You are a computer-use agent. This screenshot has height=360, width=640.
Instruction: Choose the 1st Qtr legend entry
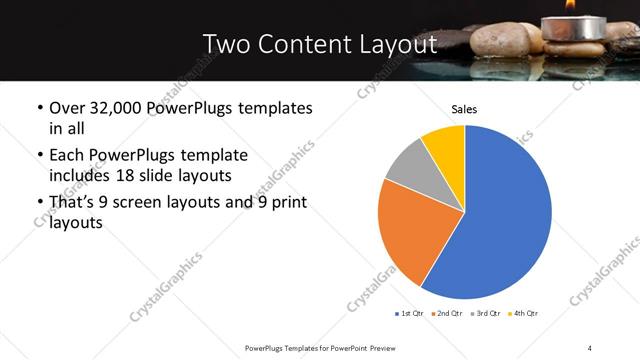click(x=410, y=314)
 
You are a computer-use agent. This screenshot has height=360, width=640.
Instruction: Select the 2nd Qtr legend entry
click(x=446, y=314)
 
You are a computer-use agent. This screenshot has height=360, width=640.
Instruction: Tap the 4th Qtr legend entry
click(x=522, y=314)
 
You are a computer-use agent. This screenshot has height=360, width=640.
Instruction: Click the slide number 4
click(x=591, y=347)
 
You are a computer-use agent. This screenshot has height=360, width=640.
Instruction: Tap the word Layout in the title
click(x=398, y=45)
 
